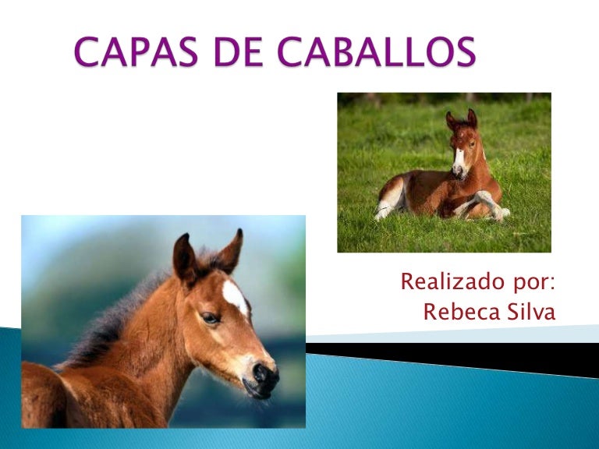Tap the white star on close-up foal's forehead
click(x=235, y=296)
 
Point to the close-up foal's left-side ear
click(x=185, y=258)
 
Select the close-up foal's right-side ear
click(x=231, y=249)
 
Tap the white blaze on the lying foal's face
click(x=459, y=160)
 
